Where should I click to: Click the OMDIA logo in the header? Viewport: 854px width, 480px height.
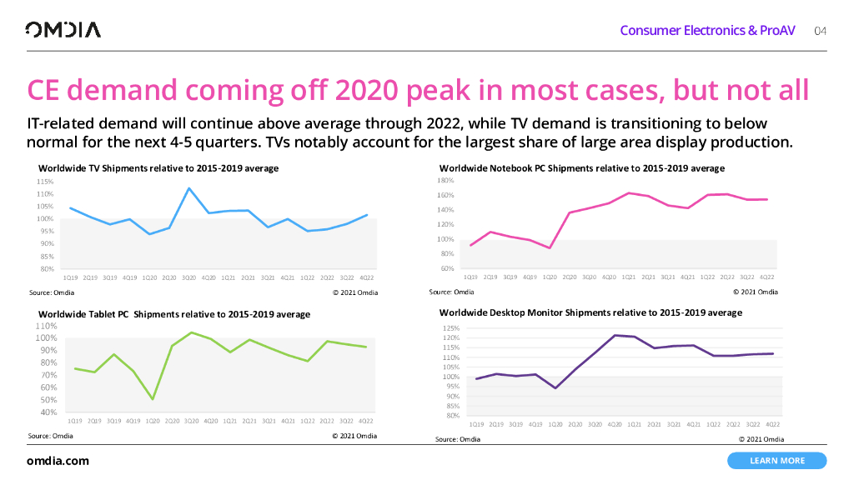point(63,30)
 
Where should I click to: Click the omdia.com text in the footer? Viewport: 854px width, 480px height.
point(58,461)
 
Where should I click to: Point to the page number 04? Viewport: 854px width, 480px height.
point(820,31)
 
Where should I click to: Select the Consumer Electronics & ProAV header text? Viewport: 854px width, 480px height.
point(707,31)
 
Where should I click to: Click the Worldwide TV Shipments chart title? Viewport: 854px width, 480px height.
point(158,168)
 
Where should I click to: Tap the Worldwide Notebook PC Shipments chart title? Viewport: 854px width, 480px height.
point(581,168)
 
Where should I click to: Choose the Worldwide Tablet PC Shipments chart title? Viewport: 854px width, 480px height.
point(173,314)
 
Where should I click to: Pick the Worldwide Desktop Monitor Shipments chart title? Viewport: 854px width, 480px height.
point(590,312)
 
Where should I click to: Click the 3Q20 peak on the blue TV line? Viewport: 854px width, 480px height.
point(189,188)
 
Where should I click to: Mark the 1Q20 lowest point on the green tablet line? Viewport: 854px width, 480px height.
point(153,399)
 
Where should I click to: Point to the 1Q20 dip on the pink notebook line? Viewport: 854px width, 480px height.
point(550,247)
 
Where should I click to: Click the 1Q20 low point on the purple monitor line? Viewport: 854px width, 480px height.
point(555,388)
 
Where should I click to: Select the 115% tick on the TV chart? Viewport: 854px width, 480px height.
point(46,181)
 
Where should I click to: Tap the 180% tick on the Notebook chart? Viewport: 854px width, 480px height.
point(445,180)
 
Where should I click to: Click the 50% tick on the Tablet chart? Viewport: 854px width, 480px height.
point(47,400)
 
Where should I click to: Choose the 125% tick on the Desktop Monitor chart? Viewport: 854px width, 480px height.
point(450,328)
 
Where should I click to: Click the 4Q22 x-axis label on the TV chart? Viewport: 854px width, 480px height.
point(367,277)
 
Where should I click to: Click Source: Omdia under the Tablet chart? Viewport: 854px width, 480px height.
point(50,436)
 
